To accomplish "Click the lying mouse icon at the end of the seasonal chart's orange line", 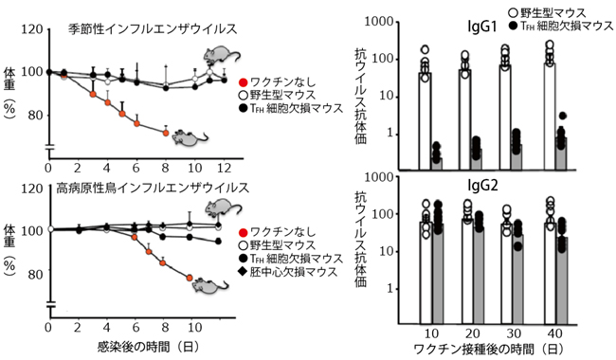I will pos(191,139).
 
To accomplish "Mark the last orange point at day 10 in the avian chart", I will pos(191,279).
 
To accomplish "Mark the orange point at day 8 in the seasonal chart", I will pos(167,133).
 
